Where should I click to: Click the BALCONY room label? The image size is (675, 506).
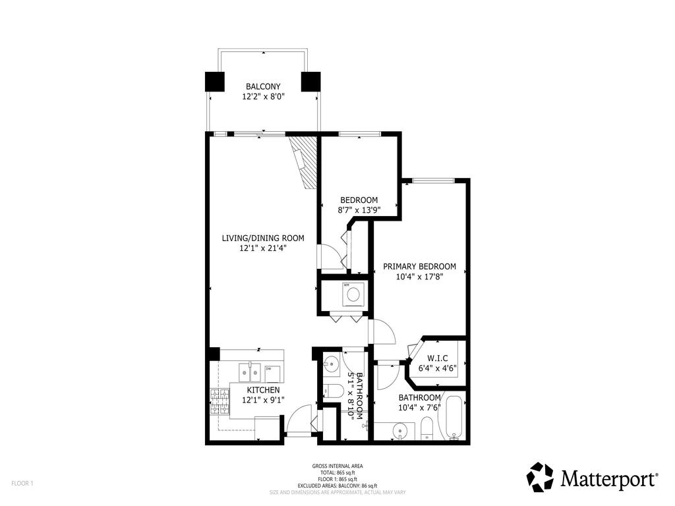tap(263, 86)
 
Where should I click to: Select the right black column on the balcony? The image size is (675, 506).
tap(310, 81)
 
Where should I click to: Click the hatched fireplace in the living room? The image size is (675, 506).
tap(305, 161)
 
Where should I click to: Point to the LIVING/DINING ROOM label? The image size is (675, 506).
tap(262, 238)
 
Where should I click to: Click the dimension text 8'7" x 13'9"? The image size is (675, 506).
tap(359, 210)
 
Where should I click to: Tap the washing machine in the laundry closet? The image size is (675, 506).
tap(353, 294)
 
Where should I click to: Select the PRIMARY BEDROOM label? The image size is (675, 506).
tap(419, 266)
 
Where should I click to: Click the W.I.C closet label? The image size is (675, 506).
tap(438, 359)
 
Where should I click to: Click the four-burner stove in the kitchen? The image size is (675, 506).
tap(219, 401)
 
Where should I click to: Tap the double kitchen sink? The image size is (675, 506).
tap(250, 373)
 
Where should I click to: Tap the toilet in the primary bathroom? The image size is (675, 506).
tap(427, 428)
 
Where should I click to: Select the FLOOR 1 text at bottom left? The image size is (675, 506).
tap(22, 483)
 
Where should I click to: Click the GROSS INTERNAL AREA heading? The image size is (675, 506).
tap(337, 466)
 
